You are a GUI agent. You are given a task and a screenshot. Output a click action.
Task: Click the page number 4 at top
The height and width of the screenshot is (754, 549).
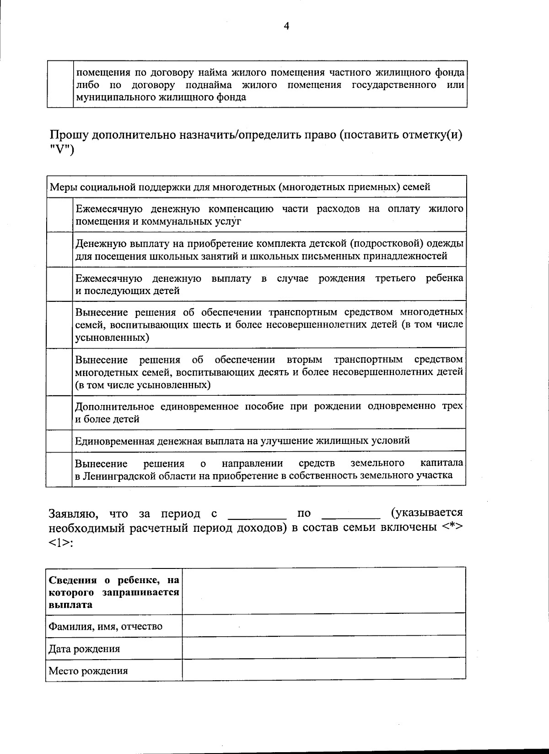coord(286,27)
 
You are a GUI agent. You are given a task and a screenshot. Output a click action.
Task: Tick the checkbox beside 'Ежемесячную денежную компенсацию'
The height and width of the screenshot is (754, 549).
coord(59,215)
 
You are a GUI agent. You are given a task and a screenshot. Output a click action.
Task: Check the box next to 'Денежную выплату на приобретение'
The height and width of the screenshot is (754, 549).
coord(59,250)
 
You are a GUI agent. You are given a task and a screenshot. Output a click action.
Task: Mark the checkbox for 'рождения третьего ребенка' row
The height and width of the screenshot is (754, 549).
coord(59,284)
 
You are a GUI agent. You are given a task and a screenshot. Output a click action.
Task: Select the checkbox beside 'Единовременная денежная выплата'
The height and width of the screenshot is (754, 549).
coord(59,441)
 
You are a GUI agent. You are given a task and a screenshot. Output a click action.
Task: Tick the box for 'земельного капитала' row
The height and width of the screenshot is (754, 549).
coord(59,469)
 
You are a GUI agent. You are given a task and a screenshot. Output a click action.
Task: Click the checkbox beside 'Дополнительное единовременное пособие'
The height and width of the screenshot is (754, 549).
coord(59,412)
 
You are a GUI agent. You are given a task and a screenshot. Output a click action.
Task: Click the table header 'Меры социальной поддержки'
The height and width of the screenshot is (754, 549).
coord(240,187)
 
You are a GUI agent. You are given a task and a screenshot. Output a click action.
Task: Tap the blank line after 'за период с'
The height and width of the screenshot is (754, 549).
coord(257,514)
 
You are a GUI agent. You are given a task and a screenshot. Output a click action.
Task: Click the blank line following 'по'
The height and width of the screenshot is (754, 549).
coord(351,514)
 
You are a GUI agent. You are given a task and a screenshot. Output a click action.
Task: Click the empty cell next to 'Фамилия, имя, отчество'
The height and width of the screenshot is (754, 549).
coord(324,625)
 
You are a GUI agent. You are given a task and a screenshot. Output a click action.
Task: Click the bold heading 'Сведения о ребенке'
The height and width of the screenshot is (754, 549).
coord(113,592)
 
